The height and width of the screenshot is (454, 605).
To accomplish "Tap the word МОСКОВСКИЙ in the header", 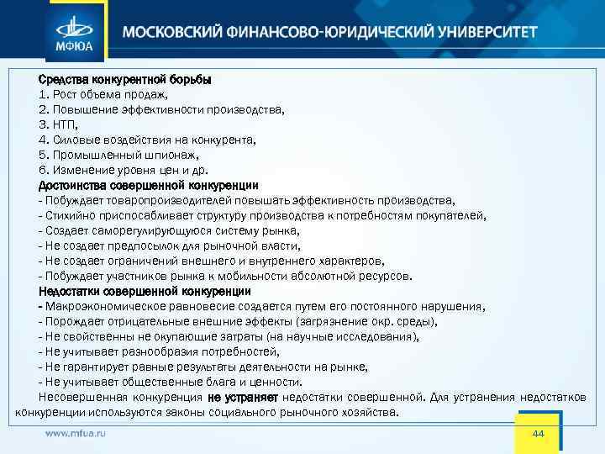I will point(172,33).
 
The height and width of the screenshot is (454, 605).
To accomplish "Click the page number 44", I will point(539,432).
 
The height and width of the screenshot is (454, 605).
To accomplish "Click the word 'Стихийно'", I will point(67,215).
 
